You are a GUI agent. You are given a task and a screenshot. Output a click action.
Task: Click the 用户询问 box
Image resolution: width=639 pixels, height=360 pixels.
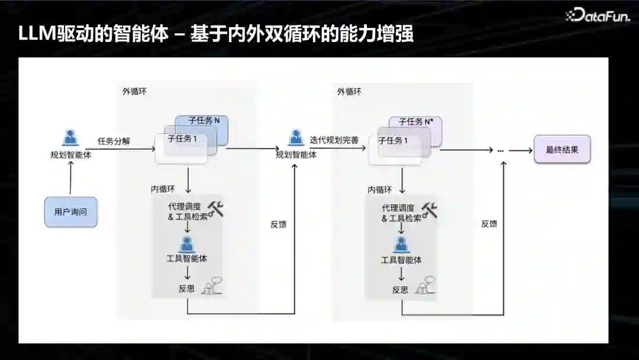point(70,211)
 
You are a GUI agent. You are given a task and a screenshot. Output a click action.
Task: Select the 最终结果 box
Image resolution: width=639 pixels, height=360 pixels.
point(562,150)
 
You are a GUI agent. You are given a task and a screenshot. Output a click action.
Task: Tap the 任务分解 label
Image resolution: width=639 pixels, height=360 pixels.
point(114,142)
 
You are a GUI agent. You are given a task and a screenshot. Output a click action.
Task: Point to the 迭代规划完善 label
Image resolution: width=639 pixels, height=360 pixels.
point(334,141)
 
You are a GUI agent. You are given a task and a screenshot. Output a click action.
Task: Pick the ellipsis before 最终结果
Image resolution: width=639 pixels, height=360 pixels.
point(500,151)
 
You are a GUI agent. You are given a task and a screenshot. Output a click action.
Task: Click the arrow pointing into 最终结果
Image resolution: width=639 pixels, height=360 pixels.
point(521,150)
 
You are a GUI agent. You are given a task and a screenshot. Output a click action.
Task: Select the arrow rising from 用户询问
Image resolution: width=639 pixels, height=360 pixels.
point(70,178)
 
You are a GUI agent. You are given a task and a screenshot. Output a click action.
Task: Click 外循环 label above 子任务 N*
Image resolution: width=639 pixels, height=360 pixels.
point(349,92)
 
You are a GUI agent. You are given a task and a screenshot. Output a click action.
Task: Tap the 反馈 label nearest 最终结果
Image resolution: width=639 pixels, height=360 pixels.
point(489,224)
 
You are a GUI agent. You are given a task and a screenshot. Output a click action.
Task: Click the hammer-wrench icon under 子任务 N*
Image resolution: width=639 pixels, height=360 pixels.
point(430,210)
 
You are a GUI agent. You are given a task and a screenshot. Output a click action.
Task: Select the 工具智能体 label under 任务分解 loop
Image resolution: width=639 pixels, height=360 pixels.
point(187,259)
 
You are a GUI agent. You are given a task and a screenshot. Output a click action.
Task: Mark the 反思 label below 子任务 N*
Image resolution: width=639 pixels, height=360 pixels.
point(400,290)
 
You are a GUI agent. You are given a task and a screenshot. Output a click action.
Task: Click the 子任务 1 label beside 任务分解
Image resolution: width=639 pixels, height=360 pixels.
point(183,140)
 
